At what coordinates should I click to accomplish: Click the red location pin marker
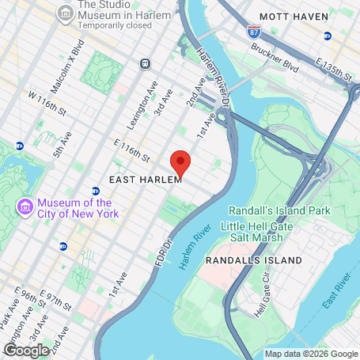tap(180, 163)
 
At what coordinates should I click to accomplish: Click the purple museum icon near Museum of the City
tap(25, 207)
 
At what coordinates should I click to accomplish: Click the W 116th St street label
tap(44, 102)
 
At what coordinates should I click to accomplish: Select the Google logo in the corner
tap(26, 349)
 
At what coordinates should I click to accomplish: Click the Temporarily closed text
tap(113, 25)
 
